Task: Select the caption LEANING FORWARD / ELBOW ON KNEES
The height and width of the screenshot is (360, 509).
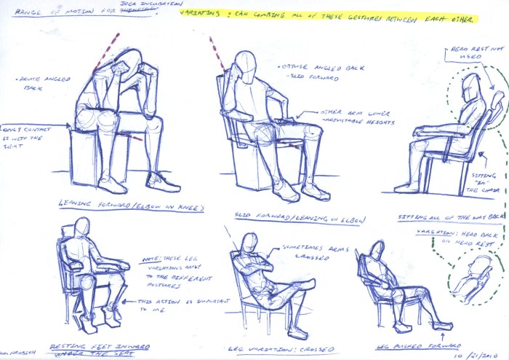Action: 128,207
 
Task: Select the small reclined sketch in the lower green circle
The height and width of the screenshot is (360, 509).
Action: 472,278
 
